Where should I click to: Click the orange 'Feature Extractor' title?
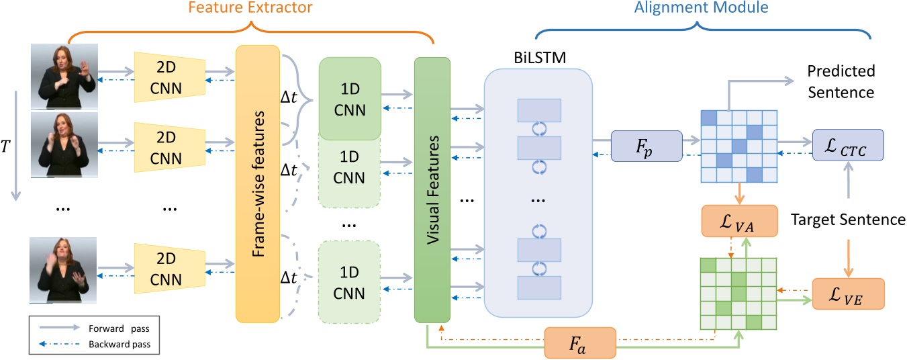point(250,9)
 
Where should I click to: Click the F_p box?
point(646,146)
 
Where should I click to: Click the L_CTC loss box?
point(847,145)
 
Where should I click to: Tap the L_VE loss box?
point(848,294)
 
